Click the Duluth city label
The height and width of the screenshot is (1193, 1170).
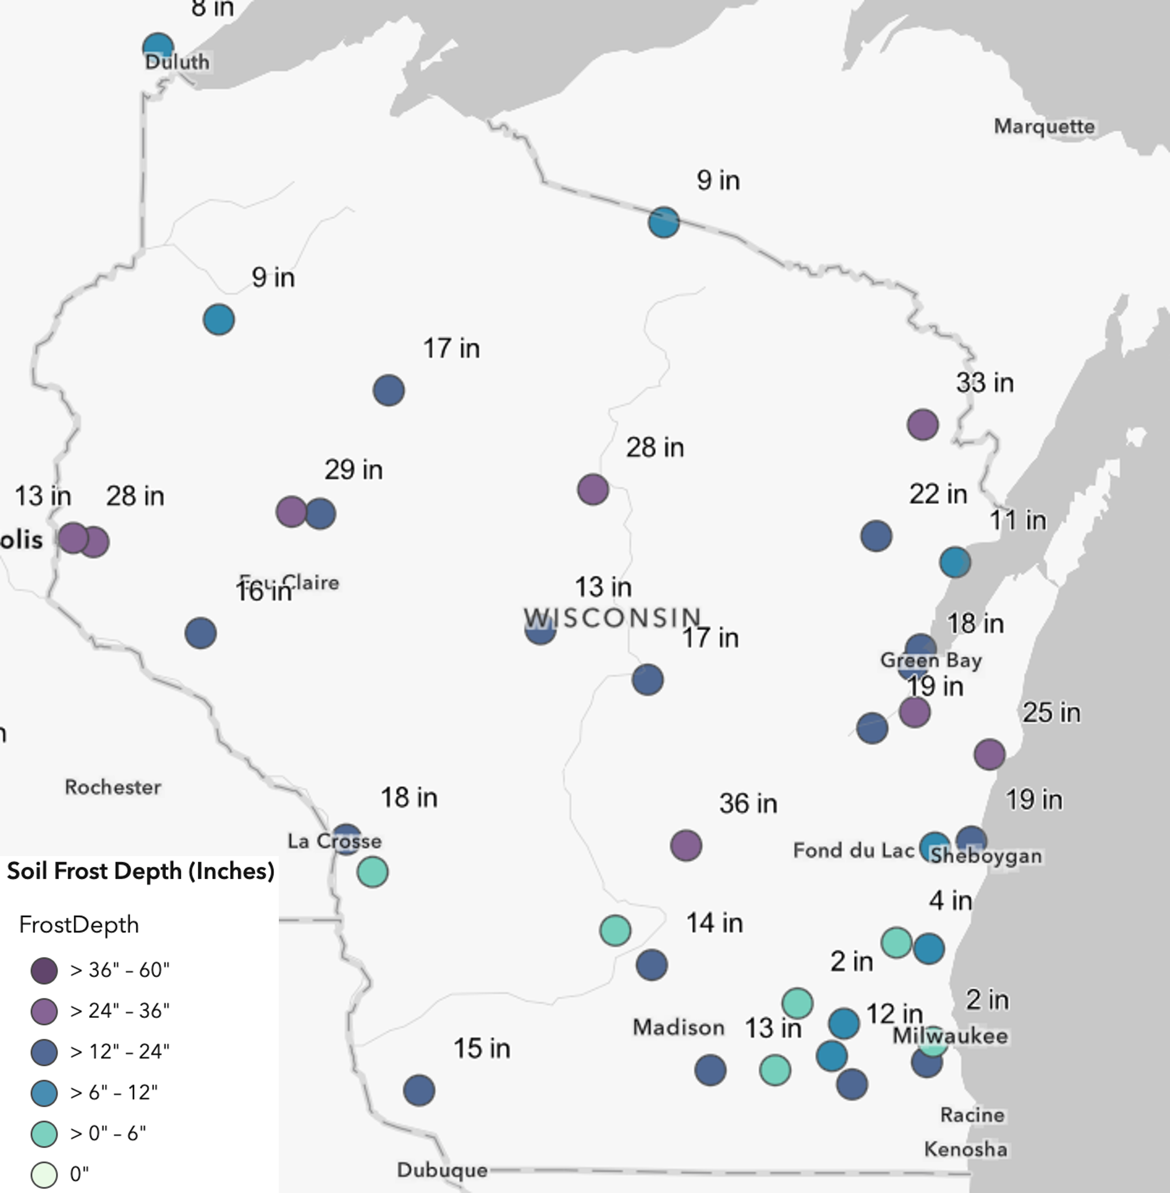click(177, 62)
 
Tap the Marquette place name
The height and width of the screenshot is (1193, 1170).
click(1044, 127)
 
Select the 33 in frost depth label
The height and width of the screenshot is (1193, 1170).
click(985, 382)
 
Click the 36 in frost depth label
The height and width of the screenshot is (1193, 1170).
click(748, 804)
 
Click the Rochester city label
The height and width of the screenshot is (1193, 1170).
click(113, 787)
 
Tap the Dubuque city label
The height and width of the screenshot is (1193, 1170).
click(442, 1169)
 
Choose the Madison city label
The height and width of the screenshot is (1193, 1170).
click(679, 1027)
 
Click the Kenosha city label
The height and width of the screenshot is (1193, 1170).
click(965, 1149)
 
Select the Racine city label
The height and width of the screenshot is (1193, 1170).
click(972, 1114)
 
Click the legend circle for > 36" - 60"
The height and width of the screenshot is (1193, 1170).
click(44, 971)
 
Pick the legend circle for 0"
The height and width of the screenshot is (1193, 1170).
click(44, 1174)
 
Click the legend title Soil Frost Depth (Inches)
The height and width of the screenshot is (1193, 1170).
click(140, 871)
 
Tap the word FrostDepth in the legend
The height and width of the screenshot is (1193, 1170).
click(79, 925)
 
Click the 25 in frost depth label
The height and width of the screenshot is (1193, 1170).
click(1051, 713)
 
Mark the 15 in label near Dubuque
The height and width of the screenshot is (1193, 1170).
click(482, 1048)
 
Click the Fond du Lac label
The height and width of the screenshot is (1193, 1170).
click(854, 850)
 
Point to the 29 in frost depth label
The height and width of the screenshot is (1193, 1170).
click(353, 470)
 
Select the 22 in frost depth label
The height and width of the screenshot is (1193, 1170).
click(938, 494)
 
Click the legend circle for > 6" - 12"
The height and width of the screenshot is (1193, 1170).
click(44, 1092)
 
